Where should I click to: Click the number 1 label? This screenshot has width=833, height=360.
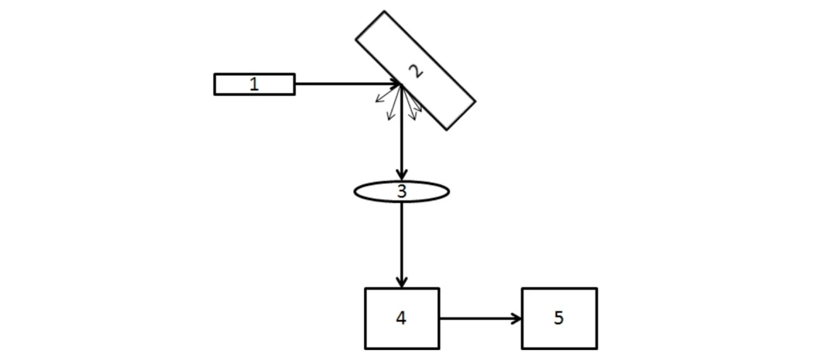(254, 84)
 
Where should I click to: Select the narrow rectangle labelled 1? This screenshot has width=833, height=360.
(232, 84)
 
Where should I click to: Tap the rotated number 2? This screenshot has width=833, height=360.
(416, 71)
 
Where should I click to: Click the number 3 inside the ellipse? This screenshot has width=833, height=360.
(401, 191)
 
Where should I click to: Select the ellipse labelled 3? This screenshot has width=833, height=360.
(372, 191)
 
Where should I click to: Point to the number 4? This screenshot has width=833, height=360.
(401, 317)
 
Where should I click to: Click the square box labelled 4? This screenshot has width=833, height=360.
(383, 333)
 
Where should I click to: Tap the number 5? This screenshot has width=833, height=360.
(559, 317)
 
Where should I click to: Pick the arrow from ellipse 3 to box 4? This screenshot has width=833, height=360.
(402, 240)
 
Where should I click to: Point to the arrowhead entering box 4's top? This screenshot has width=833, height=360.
(402, 281)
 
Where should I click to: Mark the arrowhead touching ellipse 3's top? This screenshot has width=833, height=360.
(402, 173)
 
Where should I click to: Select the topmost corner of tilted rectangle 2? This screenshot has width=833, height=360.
(384, 12)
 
